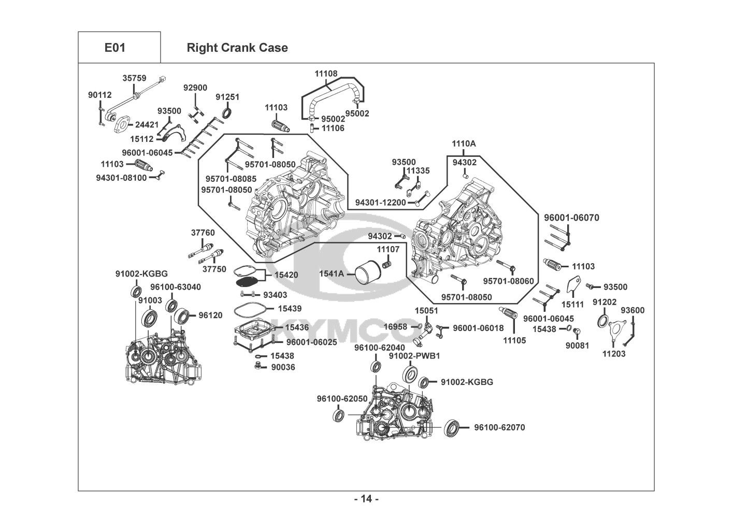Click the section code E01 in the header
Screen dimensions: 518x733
pos(114,48)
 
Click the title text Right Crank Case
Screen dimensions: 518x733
pos(237,48)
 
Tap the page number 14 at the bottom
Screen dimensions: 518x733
pos(366,499)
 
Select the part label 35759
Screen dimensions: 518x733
pos(133,78)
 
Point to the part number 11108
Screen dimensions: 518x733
pos(326,74)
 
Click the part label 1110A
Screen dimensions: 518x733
pos(463,144)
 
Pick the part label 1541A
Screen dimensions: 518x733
pos(332,273)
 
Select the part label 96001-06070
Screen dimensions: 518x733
pos(571,218)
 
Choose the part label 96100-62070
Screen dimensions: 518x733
pos(499,427)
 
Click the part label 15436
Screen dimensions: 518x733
pos(297,327)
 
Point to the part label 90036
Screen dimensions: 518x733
pos(283,367)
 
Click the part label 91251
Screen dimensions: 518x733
pos(227,97)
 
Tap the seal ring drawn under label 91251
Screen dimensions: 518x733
pos(227,112)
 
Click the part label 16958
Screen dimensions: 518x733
pos(395,327)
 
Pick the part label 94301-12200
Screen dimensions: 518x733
pos(380,203)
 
